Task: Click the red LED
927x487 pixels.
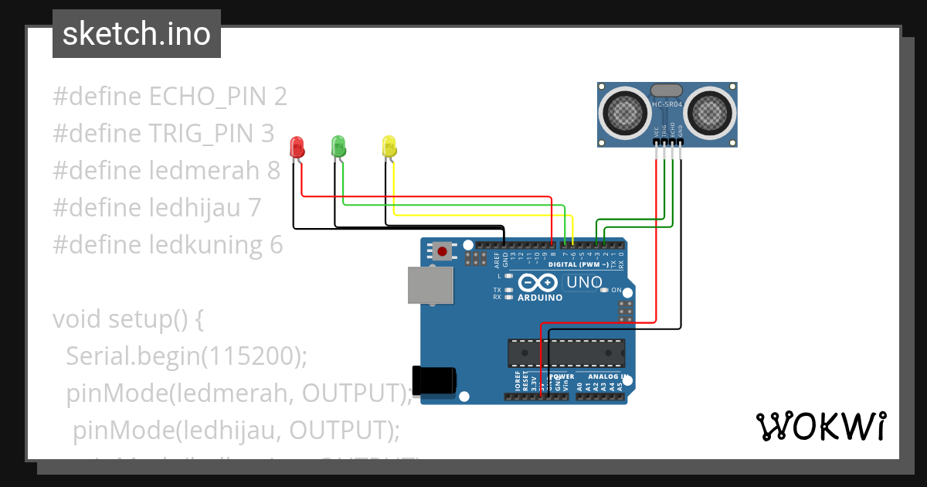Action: pos(296,147)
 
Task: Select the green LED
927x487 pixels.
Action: pos(338,146)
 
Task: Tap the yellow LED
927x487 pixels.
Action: pos(389,146)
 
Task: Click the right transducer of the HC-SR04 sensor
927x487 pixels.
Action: pos(710,111)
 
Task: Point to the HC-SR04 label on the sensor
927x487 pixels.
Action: pos(667,104)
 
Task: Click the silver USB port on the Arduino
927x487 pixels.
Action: pos(430,285)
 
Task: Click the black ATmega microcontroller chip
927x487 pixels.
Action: pos(565,352)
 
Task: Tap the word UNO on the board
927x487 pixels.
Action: pos(584,282)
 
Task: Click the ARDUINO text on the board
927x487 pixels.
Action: pos(539,298)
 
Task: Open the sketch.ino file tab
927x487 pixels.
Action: pos(136,34)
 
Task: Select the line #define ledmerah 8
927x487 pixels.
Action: pos(166,171)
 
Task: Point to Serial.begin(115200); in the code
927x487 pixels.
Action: pos(186,356)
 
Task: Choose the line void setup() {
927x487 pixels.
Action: pos(127,318)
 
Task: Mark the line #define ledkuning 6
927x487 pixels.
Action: pos(168,245)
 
